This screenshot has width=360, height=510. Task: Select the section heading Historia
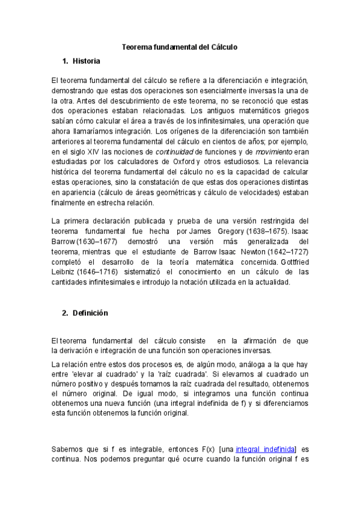click(86, 61)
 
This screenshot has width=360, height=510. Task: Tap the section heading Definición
click(90, 313)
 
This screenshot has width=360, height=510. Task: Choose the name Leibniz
click(64, 271)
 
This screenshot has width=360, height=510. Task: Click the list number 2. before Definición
click(65, 313)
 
